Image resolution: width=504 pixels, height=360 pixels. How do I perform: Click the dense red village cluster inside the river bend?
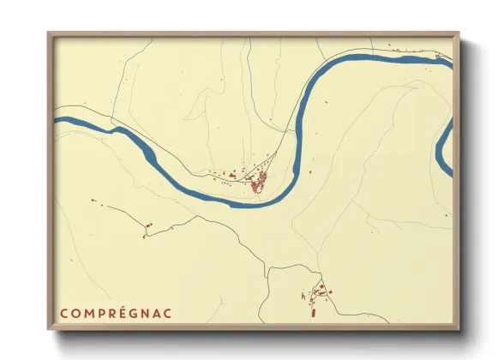click(257, 181)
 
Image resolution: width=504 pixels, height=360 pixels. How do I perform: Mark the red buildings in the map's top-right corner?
click(439, 57)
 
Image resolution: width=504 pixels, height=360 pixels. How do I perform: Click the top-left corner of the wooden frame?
click(49, 33)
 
